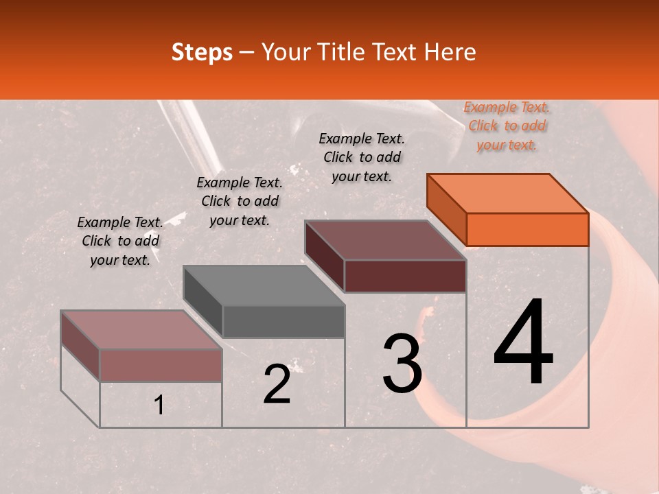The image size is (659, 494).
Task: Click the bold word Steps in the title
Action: point(202,52)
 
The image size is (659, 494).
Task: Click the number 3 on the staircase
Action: point(402,364)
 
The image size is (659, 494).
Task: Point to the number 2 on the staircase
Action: point(277,385)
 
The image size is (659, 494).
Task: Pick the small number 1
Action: point(159,405)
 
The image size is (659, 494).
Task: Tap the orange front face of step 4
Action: point(527,229)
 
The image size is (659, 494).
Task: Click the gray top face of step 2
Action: point(264,285)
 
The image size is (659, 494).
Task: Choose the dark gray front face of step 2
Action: point(284,321)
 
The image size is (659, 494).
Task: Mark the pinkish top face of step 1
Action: point(141,330)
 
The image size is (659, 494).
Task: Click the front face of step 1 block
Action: point(161,365)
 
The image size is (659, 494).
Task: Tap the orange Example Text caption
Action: point(507,126)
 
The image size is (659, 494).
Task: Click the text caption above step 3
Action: point(362,157)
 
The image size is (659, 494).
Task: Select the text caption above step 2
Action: point(240,201)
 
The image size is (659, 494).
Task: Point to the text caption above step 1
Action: point(120,241)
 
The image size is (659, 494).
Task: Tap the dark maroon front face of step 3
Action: point(405,276)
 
